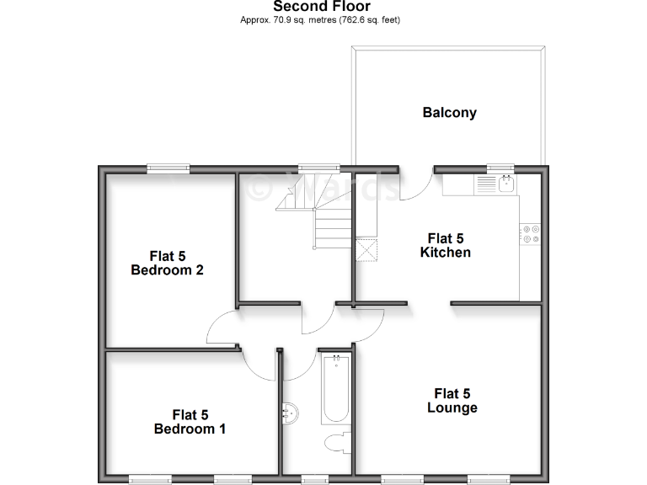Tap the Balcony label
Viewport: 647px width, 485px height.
(449, 112)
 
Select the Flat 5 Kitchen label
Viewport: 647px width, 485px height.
(445, 245)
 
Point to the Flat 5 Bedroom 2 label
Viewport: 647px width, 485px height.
(167, 263)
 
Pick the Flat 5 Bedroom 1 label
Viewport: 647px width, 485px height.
(190, 421)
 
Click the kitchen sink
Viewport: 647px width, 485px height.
(505, 184)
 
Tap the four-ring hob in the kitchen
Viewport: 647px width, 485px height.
(530, 233)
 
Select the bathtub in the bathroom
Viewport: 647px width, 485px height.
(334, 390)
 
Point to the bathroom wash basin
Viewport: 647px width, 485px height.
(289, 413)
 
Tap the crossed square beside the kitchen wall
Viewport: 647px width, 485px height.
(366, 251)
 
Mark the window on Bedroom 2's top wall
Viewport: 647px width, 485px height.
(167, 168)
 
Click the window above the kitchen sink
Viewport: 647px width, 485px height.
(500, 168)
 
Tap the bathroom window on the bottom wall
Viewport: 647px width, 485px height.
(314, 479)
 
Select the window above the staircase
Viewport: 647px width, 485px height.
(313, 168)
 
